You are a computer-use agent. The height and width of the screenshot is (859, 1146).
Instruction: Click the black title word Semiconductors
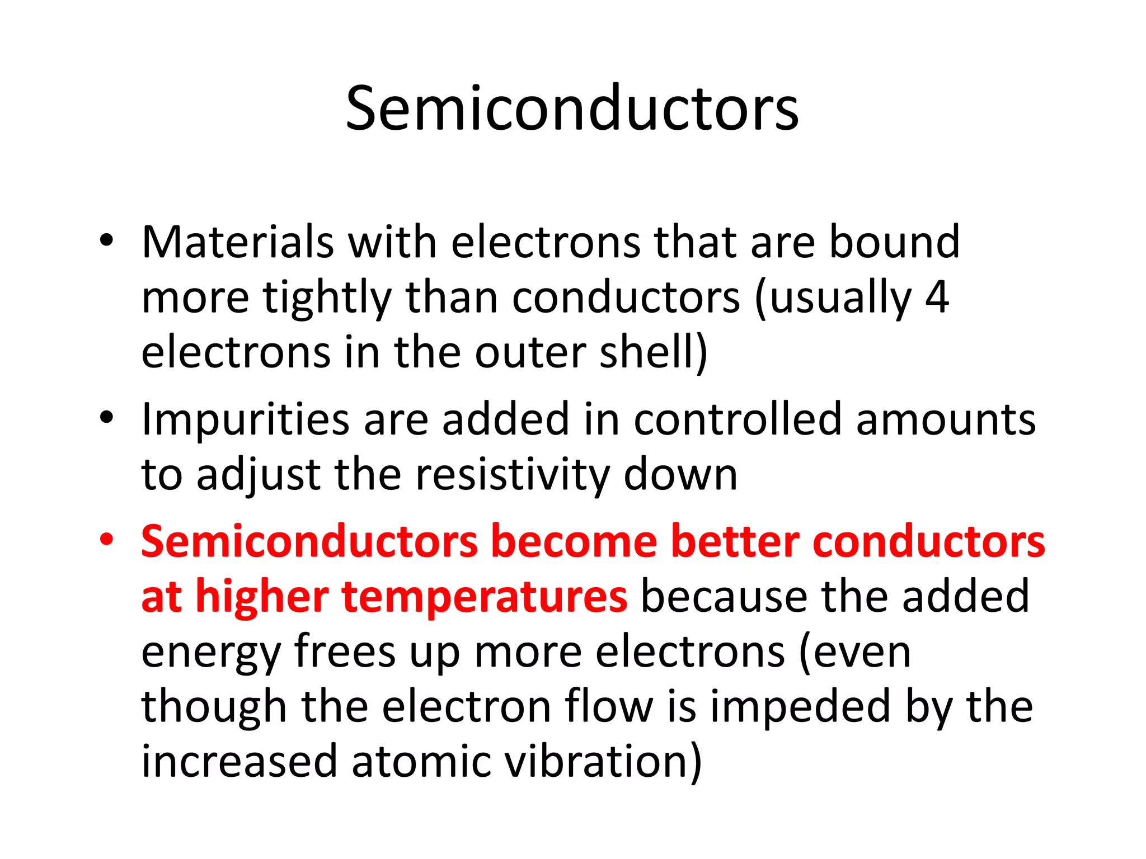point(572,108)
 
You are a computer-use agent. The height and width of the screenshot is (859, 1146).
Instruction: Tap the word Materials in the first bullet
point(238,243)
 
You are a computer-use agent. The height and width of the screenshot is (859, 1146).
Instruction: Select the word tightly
point(327,298)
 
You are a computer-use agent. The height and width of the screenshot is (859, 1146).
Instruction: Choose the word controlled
point(738,419)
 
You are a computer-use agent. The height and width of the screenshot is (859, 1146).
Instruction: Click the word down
point(680,475)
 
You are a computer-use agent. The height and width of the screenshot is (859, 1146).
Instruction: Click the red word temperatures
point(484,597)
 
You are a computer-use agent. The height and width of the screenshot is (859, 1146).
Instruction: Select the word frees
point(345,652)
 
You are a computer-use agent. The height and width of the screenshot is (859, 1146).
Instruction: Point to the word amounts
point(946,419)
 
